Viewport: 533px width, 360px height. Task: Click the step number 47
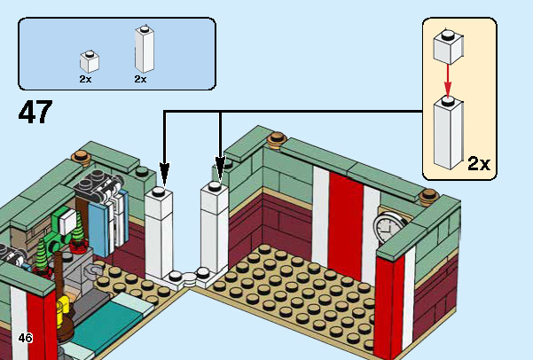[x=35, y=113]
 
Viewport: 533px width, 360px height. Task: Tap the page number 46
[x=25, y=338]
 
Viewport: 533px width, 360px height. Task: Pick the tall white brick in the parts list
[x=143, y=50]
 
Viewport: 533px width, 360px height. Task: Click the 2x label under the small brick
[x=85, y=79]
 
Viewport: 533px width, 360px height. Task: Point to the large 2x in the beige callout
[x=479, y=163]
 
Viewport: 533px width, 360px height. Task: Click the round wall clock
[x=388, y=228]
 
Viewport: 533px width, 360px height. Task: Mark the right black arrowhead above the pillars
[x=220, y=166]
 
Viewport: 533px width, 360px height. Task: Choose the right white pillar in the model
[x=215, y=226]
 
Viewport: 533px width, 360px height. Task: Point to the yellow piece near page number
[x=61, y=313]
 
